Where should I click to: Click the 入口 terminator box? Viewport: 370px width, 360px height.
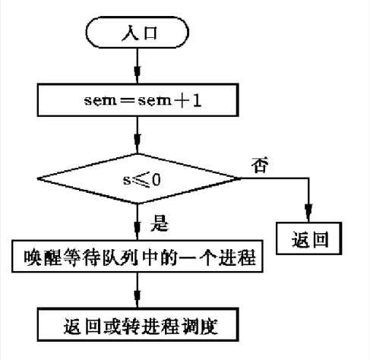(x=137, y=34)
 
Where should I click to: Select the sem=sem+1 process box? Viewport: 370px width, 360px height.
(x=137, y=97)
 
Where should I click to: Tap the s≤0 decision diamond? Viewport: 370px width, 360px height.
(x=137, y=179)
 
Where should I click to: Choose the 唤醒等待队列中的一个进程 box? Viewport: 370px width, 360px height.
(x=137, y=259)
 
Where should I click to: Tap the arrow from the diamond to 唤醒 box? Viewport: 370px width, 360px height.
(x=137, y=225)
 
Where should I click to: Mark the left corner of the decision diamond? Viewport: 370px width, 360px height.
(x=38, y=179)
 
